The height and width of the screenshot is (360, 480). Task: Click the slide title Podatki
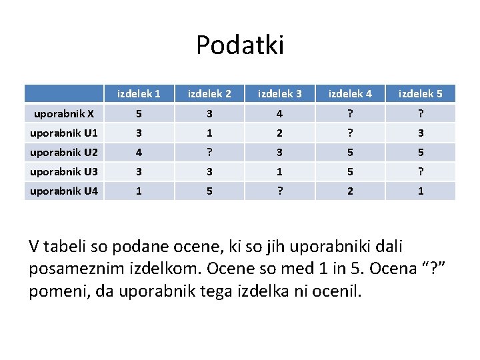click(240, 45)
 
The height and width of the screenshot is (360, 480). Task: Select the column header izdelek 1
click(139, 93)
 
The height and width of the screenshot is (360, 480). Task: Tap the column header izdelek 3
click(279, 93)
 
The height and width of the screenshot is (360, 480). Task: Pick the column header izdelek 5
click(420, 93)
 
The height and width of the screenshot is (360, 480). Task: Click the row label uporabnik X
click(63, 113)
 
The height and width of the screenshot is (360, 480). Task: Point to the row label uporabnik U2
click(63, 153)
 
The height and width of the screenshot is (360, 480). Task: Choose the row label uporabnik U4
click(63, 191)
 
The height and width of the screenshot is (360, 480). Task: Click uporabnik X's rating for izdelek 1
click(139, 113)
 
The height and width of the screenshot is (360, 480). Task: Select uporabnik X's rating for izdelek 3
click(279, 113)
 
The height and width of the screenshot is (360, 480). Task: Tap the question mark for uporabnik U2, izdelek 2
click(209, 153)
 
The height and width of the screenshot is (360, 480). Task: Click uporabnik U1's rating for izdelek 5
click(420, 133)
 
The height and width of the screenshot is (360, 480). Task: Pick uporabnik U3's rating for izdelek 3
click(279, 172)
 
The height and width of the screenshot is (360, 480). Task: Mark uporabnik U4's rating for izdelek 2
click(209, 191)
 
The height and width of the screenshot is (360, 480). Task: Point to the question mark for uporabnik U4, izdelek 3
click(279, 191)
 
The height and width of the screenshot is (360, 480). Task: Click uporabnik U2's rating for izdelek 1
click(139, 153)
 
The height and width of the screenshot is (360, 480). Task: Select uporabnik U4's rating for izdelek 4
click(350, 191)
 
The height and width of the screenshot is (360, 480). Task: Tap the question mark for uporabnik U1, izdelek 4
click(350, 133)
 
